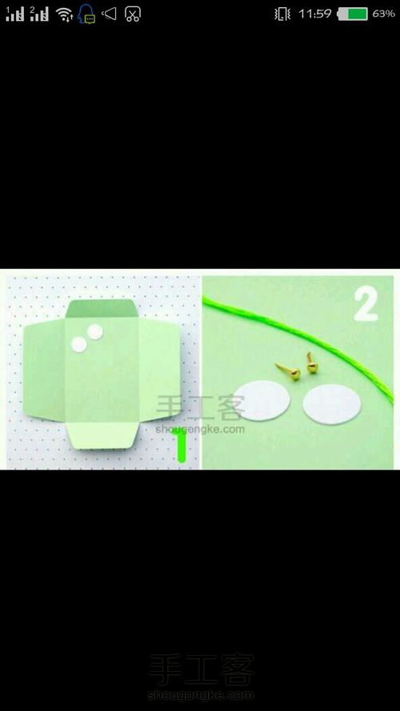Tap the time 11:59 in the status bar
[314, 14]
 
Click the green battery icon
[352, 14]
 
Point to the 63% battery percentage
[383, 14]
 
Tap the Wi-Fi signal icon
[64, 14]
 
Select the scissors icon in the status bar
[132, 14]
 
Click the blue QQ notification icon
[86, 14]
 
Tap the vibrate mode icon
[282, 14]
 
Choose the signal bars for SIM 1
[14, 14]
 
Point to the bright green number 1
[181, 445]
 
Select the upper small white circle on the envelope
[94, 332]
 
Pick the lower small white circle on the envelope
[79, 345]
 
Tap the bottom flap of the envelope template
[103, 435]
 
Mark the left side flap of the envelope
[45, 369]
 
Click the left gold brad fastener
[289, 371]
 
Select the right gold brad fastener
[311, 364]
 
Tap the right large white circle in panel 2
[332, 405]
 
